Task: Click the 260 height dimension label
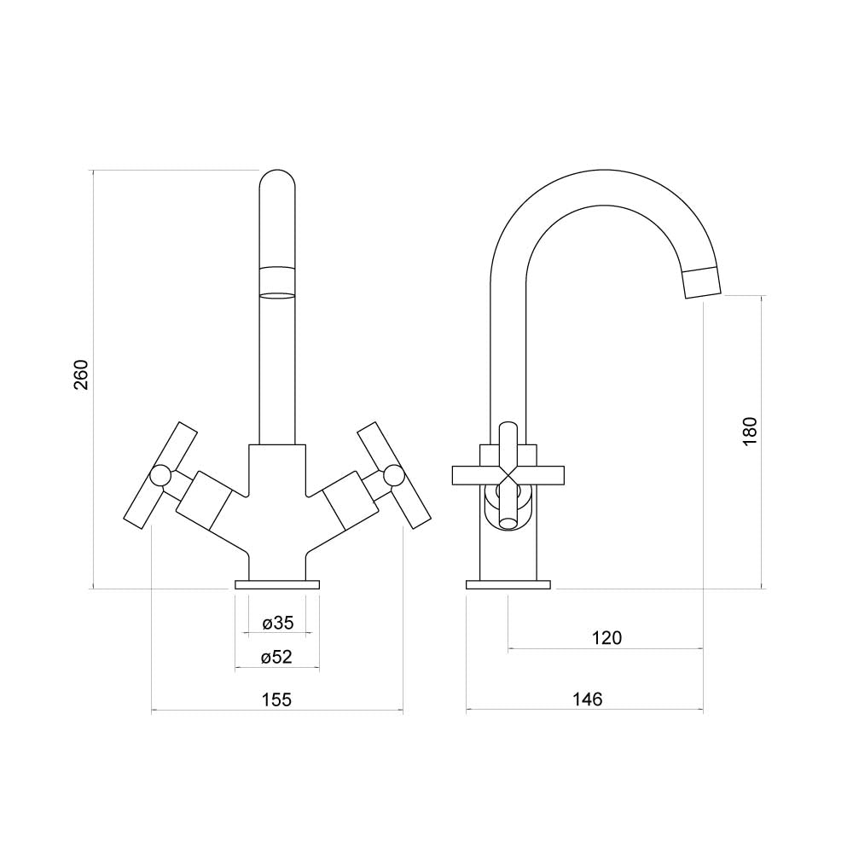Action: click(x=81, y=374)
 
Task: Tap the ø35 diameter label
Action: click(x=277, y=623)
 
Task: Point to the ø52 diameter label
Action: click(x=277, y=657)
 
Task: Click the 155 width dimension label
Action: click(x=277, y=699)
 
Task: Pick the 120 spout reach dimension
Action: click(x=606, y=637)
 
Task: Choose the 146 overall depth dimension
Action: click(x=588, y=699)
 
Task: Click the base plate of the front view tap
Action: click(x=277, y=585)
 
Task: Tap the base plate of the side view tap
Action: click(x=508, y=585)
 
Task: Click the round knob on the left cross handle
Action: click(x=160, y=475)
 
